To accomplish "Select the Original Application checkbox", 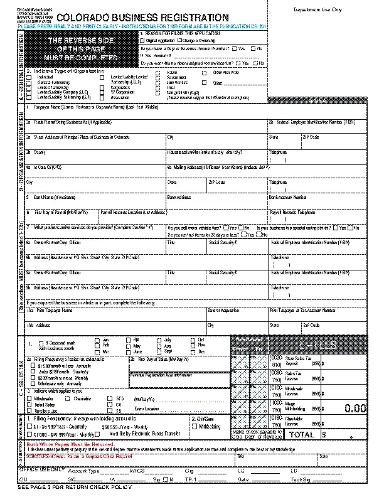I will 144,40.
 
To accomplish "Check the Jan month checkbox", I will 97,339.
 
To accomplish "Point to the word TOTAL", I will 301,434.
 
